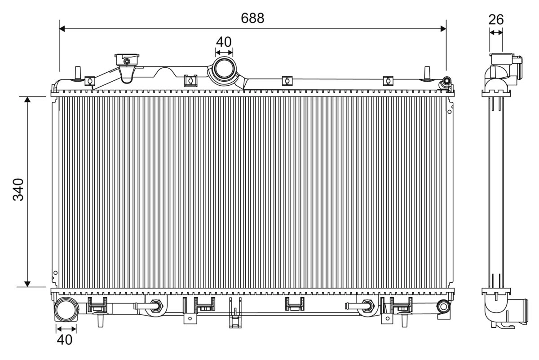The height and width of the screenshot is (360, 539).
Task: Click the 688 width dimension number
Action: coord(252,18)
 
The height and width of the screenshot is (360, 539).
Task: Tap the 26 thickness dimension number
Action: coord(496,19)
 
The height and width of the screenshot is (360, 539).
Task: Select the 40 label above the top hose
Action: coord(224,42)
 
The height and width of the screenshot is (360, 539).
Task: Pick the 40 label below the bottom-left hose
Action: coord(65,340)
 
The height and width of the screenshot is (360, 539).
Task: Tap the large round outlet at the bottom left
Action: coord(66,310)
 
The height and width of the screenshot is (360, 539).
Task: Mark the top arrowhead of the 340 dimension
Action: coord(27,99)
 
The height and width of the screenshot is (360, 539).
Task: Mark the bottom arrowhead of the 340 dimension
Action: coord(27,284)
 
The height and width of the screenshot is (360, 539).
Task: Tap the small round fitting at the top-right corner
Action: coord(447,81)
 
